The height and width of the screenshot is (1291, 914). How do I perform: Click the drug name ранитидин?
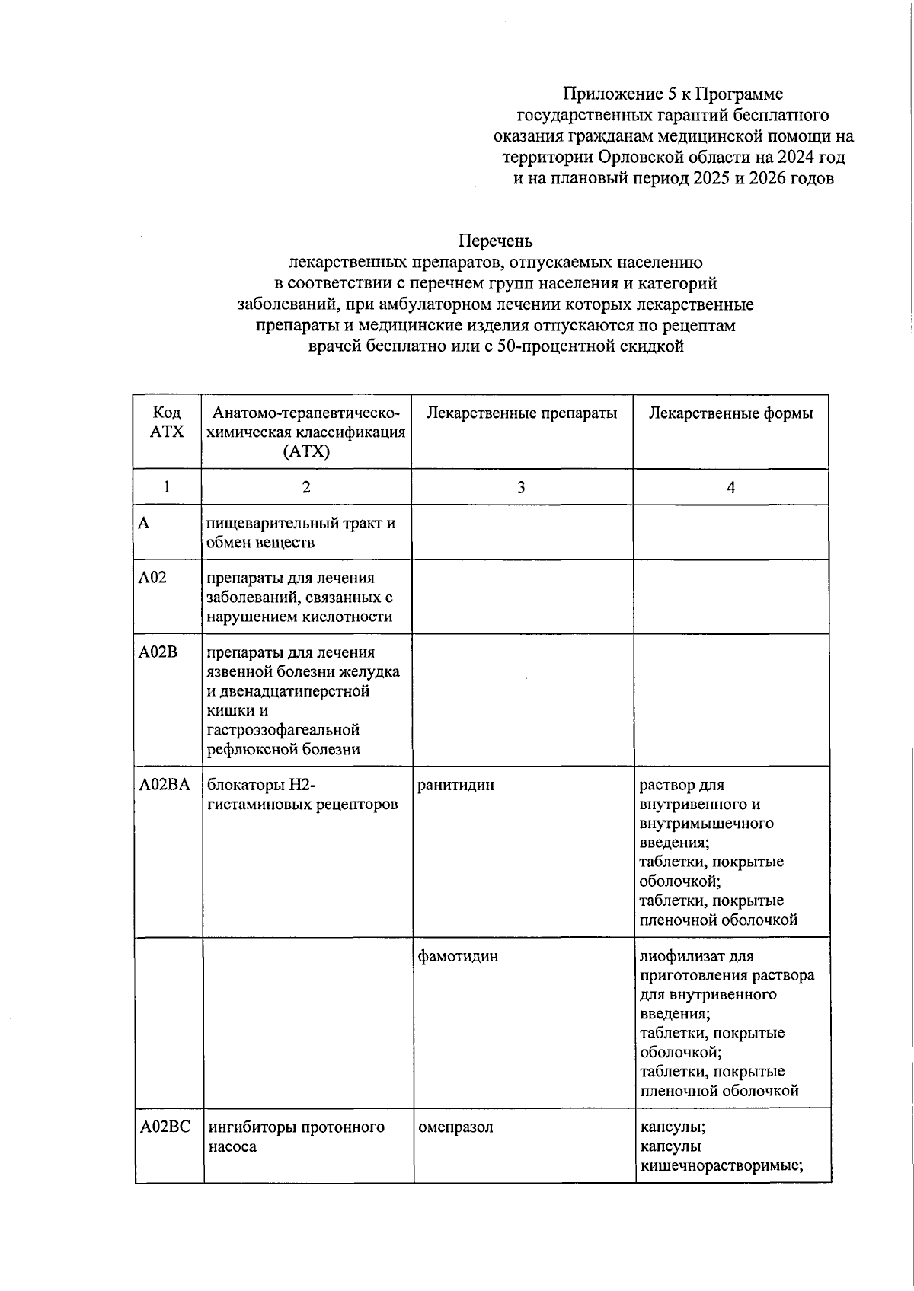[x=455, y=785]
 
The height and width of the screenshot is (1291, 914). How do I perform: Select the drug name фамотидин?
[x=458, y=956]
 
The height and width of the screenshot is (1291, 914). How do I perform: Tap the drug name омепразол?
[x=455, y=1127]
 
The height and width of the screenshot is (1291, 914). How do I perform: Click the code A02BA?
[x=165, y=785]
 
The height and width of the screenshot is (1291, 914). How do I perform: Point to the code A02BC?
[x=165, y=1127]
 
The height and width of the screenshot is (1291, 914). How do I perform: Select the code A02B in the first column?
[x=158, y=653]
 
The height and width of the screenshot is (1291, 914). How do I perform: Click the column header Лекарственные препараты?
[x=522, y=413]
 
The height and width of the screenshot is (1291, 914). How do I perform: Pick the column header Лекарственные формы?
[x=730, y=413]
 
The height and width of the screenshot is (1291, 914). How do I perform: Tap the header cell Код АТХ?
[x=167, y=422]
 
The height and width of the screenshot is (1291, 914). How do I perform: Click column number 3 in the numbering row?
[x=521, y=488]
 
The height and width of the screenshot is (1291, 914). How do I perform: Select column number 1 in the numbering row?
[x=167, y=488]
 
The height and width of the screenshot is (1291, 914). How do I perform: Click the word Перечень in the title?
[x=495, y=241]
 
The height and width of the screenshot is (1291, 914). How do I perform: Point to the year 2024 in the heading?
[x=794, y=158]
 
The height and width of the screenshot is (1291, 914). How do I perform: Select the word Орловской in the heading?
[x=641, y=158]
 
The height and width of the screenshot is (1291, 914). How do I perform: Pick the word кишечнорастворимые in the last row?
[x=722, y=1166]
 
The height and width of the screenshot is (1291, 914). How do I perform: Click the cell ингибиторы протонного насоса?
[x=296, y=1136]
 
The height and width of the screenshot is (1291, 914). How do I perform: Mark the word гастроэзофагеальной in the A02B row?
[x=283, y=730]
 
